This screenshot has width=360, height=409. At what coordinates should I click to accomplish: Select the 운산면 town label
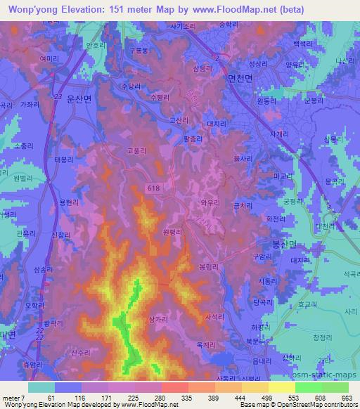79,100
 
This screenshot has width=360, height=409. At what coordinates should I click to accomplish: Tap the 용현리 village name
69,202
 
